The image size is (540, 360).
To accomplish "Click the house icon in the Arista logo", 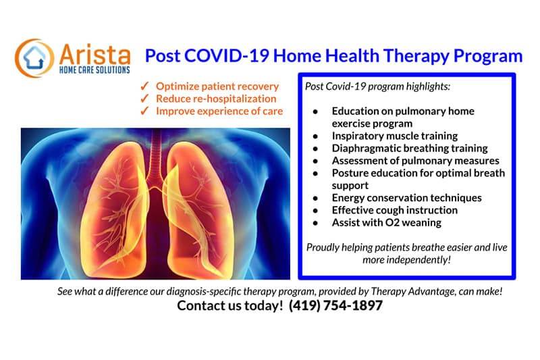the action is coord(34,57).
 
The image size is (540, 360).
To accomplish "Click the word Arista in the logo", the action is coord(94,55).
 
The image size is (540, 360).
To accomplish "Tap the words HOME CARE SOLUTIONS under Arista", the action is coord(94,70).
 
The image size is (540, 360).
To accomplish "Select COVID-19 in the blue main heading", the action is coord(227,56).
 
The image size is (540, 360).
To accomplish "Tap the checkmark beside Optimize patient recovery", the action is coord(144,86).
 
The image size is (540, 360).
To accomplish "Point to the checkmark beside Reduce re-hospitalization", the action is coord(144,98).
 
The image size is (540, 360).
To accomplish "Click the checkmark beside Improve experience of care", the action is coord(144,111).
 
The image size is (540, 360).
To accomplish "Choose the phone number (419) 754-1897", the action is coord(335,305).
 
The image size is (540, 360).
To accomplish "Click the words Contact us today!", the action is coord(230,305).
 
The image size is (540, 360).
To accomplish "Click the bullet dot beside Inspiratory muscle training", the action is coord(315,136).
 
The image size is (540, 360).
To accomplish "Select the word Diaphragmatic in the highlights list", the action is coord(366,149).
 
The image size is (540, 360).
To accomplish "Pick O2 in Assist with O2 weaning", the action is coord(392,222).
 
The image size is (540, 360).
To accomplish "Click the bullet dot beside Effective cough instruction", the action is coord(315,211).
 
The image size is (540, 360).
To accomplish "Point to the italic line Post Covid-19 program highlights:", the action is coord(377,86).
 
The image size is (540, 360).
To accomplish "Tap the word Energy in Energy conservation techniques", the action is coord(348,199).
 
